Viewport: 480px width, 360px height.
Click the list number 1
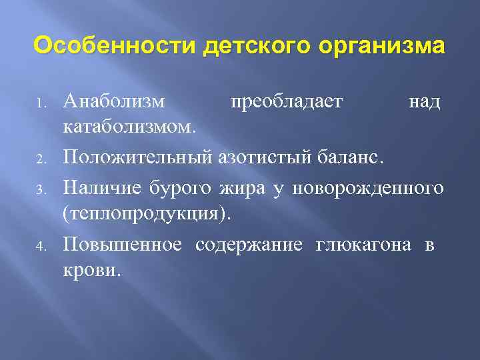(41, 104)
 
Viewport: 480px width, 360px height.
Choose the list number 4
(41, 246)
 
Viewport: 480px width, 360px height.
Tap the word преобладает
(286, 102)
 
